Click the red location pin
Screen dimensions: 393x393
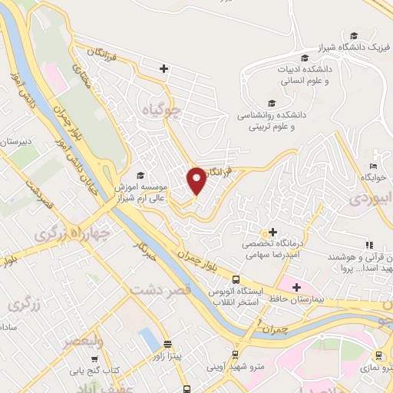tap(196, 180)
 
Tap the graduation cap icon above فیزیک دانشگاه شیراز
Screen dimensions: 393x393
tap(354, 35)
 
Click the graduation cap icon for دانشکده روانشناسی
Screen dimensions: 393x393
tap(271, 102)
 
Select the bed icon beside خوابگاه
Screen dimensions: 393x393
tap(373, 166)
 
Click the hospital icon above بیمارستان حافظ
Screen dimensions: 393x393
tap(296, 286)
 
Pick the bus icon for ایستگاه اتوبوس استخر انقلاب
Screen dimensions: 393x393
tap(236, 280)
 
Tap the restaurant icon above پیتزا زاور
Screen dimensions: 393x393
tap(167, 345)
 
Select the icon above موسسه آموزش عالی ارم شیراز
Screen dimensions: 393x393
tap(140, 175)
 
